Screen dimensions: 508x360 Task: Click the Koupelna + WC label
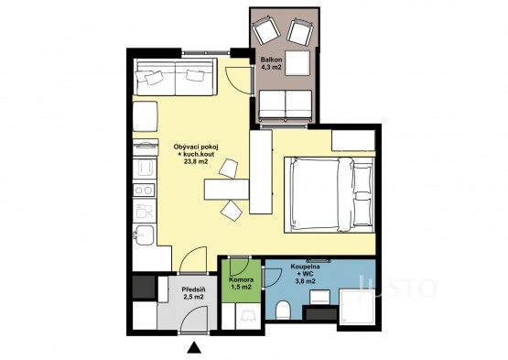pyautogui.click(x=305, y=274)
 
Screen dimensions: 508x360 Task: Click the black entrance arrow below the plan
pyautogui.click(x=194, y=347)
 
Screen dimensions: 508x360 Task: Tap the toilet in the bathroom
pyautogui.click(x=284, y=310)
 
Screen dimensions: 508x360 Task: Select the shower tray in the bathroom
pyautogui.click(x=357, y=307)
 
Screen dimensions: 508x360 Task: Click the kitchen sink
pyautogui.click(x=144, y=235)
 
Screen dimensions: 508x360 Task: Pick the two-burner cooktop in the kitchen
pyautogui.click(x=145, y=190)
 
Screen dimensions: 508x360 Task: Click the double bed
pyautogui.click(x=330, y=194)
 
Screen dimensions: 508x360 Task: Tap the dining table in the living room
pyautogui.click(x=226, y=190)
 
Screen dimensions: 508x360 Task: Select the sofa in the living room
pyautogui.click(x=175, y=77)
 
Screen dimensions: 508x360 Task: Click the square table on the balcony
pyautogui.click(x=297, y=63)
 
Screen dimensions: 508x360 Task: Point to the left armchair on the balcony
pyautogui.click(x=266, y=30)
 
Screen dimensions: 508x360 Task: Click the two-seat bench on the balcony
pyautogui.click(x=286, y=104)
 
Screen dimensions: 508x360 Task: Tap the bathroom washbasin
pyautogui.click(x=320, y=297)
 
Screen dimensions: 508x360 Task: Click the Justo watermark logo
pyautogui.click(x=396, y=286)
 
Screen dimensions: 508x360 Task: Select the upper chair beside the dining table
pyautogui.click(x=228, y=168)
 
